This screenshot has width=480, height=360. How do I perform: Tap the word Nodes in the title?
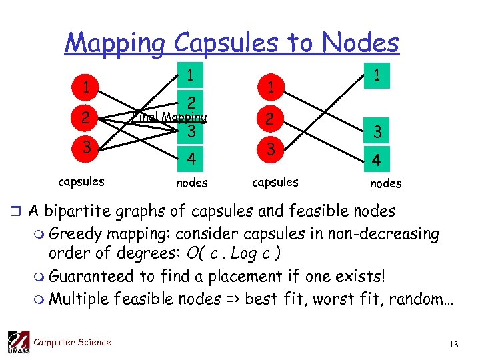click(361, 43)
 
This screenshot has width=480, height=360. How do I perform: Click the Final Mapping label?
click(169, 117)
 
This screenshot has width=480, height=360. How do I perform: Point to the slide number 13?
click(454, 344)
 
